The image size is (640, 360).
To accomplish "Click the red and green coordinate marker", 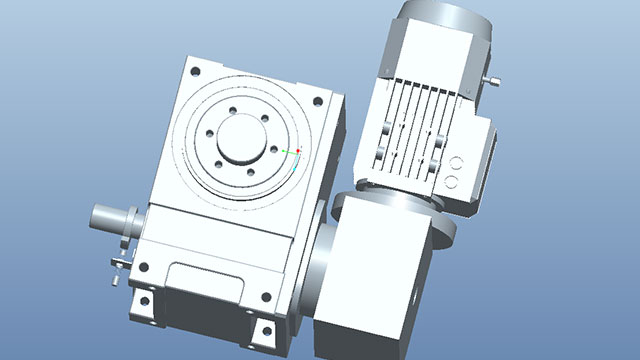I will pyautogui.click(x=297, y=151).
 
